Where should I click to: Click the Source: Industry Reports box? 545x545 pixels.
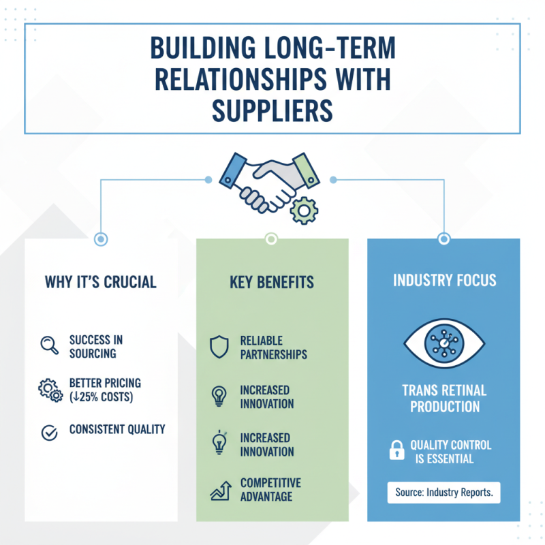point(443,493)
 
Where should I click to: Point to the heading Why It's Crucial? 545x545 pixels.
point(101,281)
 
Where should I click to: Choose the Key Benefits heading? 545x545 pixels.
point(272,281)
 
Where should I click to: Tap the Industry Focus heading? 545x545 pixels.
point(443,281)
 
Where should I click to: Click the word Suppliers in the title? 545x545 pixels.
point(272,109)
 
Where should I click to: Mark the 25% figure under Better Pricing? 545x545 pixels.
point(91,396)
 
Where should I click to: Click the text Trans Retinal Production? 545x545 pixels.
point(443,399)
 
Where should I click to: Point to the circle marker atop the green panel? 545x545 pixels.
point(271,238)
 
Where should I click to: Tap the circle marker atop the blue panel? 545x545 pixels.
point(443,238)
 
